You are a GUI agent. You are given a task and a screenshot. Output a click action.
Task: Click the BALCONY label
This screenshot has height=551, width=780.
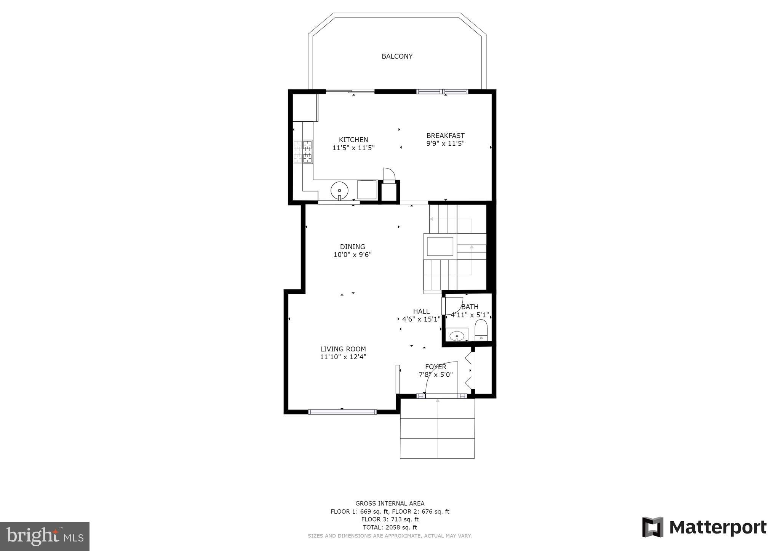[x=397, y=56]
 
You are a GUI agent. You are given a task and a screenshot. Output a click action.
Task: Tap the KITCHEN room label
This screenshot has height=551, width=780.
[x=353, y=140]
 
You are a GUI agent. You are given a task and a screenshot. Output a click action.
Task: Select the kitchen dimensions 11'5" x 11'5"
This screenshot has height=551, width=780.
[x=353, y=148]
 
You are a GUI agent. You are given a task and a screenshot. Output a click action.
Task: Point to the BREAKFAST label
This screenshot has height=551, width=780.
[x=445, y=135]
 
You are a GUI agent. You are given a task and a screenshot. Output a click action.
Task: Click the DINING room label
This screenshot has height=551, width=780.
[x=352, y=247]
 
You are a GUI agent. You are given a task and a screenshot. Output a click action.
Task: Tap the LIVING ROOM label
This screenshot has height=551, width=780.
[x=343, y=349]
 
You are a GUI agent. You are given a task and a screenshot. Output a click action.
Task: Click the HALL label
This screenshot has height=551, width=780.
[x=421, y=311]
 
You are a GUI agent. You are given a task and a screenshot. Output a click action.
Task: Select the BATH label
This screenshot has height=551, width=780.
[x=470, y=307]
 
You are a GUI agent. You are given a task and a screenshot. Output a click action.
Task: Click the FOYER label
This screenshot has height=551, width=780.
[x=435, y=367]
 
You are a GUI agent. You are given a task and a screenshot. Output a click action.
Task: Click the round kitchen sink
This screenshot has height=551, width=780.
[x=339, y=190]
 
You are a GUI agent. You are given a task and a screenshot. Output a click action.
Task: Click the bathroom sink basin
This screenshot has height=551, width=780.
[x=457, y=336]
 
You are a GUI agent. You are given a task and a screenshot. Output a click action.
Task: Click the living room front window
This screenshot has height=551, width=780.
[x=342, y=412]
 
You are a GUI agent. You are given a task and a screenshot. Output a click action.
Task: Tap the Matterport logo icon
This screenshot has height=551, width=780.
[x=653, y=527]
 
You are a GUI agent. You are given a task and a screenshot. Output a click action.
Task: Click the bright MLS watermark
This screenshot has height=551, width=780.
[x=45, y=536]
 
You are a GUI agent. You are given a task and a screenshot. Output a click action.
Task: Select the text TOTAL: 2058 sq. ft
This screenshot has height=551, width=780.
[x=390, y=527]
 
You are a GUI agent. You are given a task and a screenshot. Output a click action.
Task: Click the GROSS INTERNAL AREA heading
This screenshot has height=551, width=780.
[x=390, y=503]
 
